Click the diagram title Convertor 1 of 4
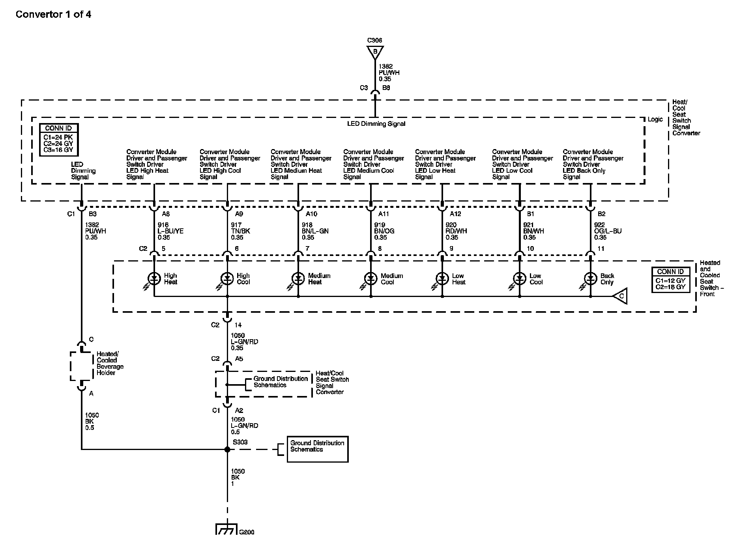pyautogui.click(x=53, y=15)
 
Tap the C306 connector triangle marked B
pyautogui.click(x=375, y=52)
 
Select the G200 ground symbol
pyautogui.click(x=226, y=529)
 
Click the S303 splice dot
pyautogui.click(x=227, y=449)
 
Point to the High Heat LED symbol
pyautogui.click(x=154, y=278)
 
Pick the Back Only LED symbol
pyautogui.click(x=590, y=278)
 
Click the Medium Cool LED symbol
pyautogui.click(x=370, y=278)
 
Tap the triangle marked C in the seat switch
pyautogui.click(x=620, y=296)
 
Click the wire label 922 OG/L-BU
pyautogui.click(x=608, y=231)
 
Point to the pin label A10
pyautogui.click(x=311, y=214)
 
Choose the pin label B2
pyautogui.click(x=601, y=214)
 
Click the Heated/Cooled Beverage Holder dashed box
pyautogui.click(x=81, y=366)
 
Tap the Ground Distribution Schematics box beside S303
pyautogui.click(x=317, y=449)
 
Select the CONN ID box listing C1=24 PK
pyautogui.click(x=58, y=139)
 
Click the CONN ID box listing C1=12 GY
pyautogui.click(x=670, y=280)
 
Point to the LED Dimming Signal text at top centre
pyautogui.click(x=376, y=124)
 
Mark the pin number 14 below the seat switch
pyautogui.click(x=238, y=325)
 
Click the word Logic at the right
pyautogui.click(x=655, y=119)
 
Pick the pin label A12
pyautogui.click(x=455, y=214)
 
